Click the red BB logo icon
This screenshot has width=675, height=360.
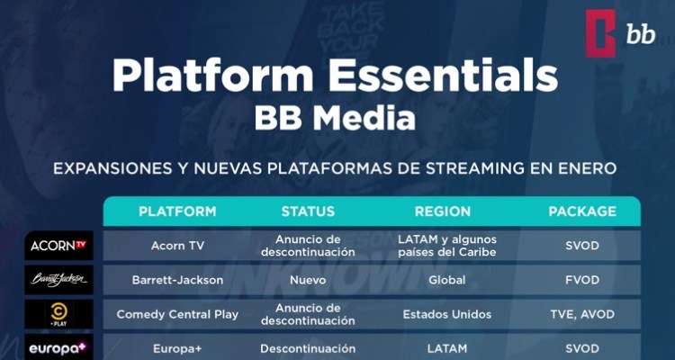pyautogui.click(x=600, y=33)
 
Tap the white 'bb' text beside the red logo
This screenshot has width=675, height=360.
pyautogui.click(x=641, y=34)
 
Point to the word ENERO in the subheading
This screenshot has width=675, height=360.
pyautogui.click(x=586, y=168)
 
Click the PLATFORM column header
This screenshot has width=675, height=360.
pyautogui.click(x=177, y=211)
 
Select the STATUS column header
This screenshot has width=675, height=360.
pyautogui.click(x=308, y=211)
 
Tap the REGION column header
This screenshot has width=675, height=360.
pyautogui.click(x=443, y=211)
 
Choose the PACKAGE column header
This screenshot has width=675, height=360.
pyautogui.click(x=582, y=211)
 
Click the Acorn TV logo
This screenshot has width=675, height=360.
pyautogui.click(x=58, y=246)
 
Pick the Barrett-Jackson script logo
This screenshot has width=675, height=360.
pyautogui.click(x=58, y=280)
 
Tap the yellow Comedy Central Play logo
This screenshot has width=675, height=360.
pyautogui.click(x=58, y=314)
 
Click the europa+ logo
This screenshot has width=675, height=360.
pyautogui.click(x=58, y=348)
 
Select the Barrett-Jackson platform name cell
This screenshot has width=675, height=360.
pyautogui.click(x=177, y=280)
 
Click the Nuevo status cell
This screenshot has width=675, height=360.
pyautogui.click(x=308, y=280)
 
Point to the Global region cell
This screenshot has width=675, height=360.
pyautogui.click(x=446, y=280)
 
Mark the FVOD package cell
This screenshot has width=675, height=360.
pyautogui.click(x=582, y=280)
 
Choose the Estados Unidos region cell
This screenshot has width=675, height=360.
pyautogui.click(x=446, y=314)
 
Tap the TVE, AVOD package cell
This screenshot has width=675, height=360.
pyautogui.click(x=582, y=314)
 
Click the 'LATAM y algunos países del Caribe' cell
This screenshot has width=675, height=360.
pyautogui.click(x=446, y=246)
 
